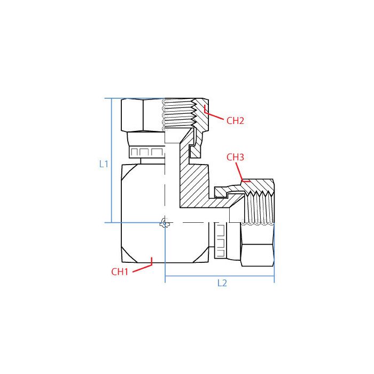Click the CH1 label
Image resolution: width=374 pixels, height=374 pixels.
[120, 271]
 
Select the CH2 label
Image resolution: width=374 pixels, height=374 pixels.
[235, 121]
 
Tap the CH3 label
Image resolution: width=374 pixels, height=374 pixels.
[235, 157]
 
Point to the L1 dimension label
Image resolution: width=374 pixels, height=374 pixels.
[104, 164]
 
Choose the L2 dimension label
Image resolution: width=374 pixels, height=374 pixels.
[222, 284]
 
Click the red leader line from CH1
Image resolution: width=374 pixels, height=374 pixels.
[142, 267]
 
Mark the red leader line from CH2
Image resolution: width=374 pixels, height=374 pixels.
[214, 116]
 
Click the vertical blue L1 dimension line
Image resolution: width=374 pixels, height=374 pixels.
[111, 160]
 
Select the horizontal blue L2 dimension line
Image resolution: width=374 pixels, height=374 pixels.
[219, 276]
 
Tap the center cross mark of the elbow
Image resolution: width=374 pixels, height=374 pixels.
[165, 223]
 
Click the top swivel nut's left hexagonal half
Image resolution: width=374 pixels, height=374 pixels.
[142, 115]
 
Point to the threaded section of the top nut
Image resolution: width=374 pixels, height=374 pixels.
[179, 113]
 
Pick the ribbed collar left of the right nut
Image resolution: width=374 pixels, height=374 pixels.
[222, 240]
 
